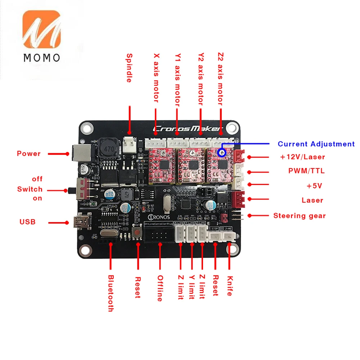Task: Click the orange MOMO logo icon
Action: pos(41,30)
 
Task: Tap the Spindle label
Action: pos(129,68)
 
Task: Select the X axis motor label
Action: pos(156,77)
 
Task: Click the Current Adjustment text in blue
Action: pos(316,144)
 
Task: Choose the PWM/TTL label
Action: pos(306,171)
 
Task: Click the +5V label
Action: pos(314,186)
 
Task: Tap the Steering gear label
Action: pos(300,216)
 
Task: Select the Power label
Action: pos(29,154)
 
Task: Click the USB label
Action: pos(27,222)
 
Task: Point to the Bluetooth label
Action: pos(111,293)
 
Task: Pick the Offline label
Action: pos(160,288)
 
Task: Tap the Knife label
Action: pos(229,286)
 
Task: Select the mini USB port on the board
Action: pos(77,222)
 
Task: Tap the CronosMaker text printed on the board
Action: pos(188,129)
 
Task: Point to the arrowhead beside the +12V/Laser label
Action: pos(250,157)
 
